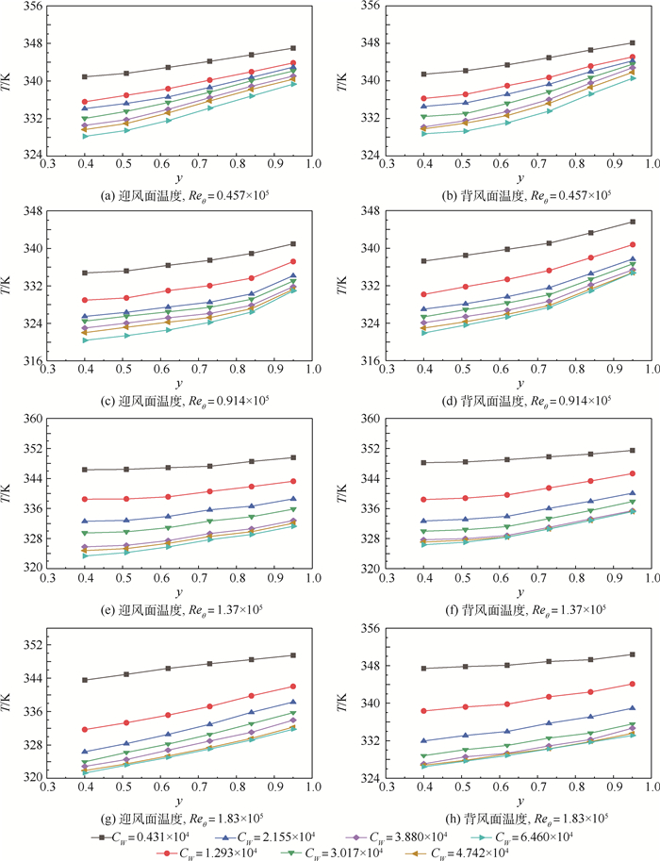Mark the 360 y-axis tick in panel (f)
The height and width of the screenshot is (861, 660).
pos(370,419)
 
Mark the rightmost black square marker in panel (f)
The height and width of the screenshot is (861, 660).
pos(633,450)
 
